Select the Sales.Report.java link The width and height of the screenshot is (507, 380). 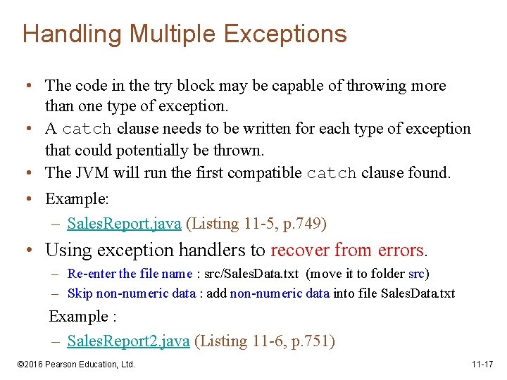pyautogui.click(x=124, y=224)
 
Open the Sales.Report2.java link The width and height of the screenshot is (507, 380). pyautogui.click(x=128, y=341)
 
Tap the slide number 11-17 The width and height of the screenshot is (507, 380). pyautogui.click(x=483, y=365)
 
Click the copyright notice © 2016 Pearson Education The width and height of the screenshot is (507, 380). pyautogui.click(x=75, y=365)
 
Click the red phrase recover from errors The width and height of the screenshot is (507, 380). pyautogui.click(x=348, y=250)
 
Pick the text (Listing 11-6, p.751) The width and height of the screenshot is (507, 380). pyautogui.click(x=265, y=341)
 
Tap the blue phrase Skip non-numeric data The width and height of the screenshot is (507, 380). pyautogui.click(x=131, y=293)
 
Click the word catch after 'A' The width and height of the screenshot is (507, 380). pyautogui.click(x=87, y=129)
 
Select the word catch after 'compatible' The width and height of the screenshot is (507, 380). pyautogui.click(x=332, y=173)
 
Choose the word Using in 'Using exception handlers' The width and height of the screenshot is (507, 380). pyautogui.click(x=67, y=250)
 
